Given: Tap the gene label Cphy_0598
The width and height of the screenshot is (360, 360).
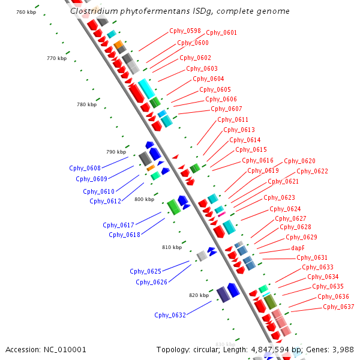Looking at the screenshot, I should [185, 31].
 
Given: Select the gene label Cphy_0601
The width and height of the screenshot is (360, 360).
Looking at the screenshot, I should [221, 33].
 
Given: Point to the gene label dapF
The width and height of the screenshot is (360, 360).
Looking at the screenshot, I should [298, 247].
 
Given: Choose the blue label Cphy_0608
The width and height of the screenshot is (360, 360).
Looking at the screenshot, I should [85, 168].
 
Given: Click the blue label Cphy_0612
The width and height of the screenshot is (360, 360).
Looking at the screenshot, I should [105, 201].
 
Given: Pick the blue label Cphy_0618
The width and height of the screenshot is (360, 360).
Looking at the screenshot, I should [124, 235].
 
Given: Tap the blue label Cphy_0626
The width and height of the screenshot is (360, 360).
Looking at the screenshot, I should [151, 282].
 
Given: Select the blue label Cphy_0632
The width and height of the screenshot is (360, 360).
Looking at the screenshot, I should [170, 315].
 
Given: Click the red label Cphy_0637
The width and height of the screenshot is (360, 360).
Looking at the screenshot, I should [338, 307].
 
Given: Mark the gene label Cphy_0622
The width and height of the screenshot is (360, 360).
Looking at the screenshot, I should [312, 171].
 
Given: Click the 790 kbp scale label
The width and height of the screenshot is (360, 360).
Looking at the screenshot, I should [116, 152].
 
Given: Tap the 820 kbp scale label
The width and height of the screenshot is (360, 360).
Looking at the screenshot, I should [199, 295].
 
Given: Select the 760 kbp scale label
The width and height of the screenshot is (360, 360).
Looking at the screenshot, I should [26, 12].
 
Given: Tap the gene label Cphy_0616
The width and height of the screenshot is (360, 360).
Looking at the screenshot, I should [257, 161].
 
